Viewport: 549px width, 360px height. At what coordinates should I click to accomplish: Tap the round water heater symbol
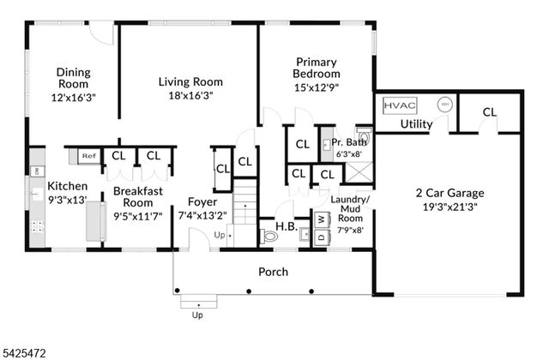pyautogui.click(x=444, y=105)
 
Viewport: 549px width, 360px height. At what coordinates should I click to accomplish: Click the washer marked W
pyautogui.click(x=322, y=219)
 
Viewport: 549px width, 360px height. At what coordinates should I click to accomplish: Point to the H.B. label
pyautogui.click(x=286, y=226)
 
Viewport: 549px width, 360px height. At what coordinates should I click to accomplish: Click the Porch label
pyautogui.click(x=274, y=272)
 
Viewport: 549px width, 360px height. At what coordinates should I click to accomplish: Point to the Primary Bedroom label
pyautogui.click(x=317, y=68)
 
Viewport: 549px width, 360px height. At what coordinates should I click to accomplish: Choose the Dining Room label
pyautogui.click(x=74, y=78)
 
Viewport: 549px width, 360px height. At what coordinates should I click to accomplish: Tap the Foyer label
pyautogui.click(x=202, y=202)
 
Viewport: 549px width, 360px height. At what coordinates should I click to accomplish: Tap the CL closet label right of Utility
pyautogui.click(x=489, y=111)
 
